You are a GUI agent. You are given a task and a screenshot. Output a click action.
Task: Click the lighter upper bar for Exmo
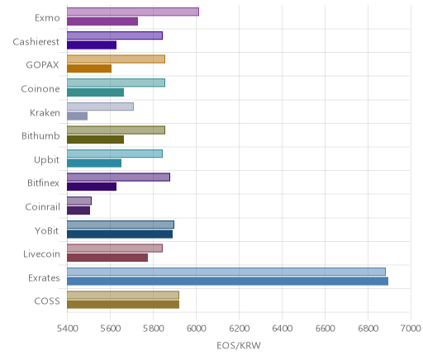click(133, 12)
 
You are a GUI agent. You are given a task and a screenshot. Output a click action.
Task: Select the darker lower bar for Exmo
click(102, 21)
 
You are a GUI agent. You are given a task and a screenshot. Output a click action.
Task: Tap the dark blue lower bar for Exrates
click(228, 281)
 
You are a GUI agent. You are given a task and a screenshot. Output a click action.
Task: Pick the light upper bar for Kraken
click(101, 107)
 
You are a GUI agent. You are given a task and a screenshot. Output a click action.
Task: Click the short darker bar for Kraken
click(78, 116)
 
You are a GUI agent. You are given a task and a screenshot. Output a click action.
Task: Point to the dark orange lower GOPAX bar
click(89, 69)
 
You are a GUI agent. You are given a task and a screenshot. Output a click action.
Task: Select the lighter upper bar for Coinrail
click(79, 201)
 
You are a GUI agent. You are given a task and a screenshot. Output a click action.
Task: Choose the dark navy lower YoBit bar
click(120, 234)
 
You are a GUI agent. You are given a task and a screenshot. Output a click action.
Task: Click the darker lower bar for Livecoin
click(107, 258)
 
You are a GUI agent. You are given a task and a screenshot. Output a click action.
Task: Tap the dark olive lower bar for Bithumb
click(96, 140)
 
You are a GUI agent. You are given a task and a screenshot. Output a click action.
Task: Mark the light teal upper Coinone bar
click(116, 83)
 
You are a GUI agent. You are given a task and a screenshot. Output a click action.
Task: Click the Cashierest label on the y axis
click(36, 42)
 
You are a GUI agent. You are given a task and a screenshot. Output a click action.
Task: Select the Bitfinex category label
click(43, 183)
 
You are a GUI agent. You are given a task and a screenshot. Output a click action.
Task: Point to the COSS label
click(47, 301)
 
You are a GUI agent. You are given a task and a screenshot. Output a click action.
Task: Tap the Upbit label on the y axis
click(46, 160)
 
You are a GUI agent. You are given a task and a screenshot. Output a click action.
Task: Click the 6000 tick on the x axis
click(196, 329)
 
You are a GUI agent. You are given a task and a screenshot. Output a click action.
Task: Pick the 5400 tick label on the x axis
click(67, 329)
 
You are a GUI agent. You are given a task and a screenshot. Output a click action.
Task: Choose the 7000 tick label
click(411, 329)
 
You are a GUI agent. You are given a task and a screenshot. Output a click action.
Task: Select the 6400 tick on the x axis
click(282, 329)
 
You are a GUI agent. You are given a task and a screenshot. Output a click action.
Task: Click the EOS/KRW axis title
click(239, 346)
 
